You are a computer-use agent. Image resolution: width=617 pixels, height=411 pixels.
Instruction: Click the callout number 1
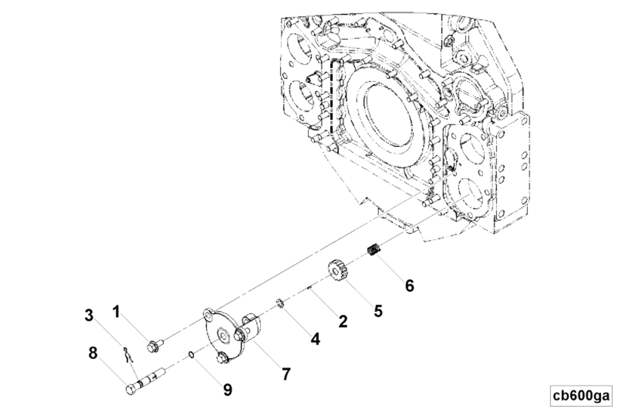[116, 312]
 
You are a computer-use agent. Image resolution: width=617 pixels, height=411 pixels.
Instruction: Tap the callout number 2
[343, 321]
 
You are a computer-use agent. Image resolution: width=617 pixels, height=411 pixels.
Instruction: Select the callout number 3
[89, 315]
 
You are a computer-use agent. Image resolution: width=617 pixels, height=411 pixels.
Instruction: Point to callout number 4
[315, 339]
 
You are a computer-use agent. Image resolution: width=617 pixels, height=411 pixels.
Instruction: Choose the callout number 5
[378, 311]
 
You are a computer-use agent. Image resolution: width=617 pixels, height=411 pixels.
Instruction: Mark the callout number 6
[409, 285]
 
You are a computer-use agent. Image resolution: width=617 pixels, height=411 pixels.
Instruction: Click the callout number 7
[286, 374]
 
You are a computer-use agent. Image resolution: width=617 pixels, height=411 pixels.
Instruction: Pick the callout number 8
[93, 353]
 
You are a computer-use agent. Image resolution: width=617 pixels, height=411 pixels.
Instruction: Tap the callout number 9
[228, 390]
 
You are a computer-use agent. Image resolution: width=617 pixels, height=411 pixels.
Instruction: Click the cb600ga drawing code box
[581, 396]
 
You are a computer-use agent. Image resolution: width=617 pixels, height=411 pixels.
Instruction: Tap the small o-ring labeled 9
[191, 354]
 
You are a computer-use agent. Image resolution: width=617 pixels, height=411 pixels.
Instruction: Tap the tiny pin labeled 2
[310, 288]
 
